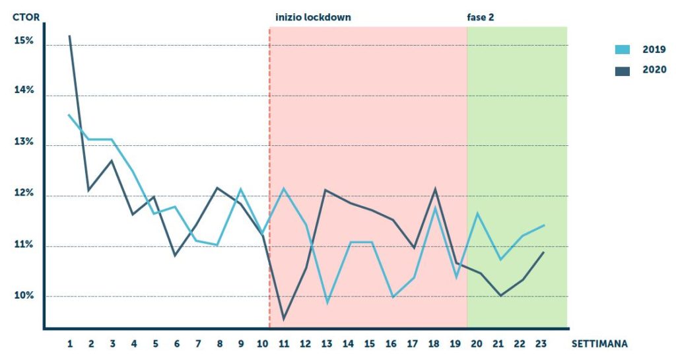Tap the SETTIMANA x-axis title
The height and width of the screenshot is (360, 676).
point(599,343)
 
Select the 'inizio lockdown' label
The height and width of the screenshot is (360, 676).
point(313,17)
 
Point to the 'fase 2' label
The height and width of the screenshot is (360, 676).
point(481,17)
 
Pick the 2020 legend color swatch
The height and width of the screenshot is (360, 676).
point(623,71)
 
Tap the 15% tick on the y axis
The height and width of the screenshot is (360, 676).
point(23,41)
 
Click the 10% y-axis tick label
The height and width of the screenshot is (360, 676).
point(23,295)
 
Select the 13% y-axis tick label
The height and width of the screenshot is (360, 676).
point(23,143)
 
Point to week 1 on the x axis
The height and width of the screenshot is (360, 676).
point(69,343)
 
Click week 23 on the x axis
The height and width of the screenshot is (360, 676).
point(541,343)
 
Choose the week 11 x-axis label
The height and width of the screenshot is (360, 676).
point(285,343)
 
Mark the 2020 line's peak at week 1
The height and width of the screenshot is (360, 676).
point(69,35)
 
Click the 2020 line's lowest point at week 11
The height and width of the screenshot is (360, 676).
point(284,319)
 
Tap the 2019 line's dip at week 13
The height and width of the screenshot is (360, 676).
point(326,303)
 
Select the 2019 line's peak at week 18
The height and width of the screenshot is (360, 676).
point(434,207)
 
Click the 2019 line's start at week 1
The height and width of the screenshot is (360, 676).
point(69,115)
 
